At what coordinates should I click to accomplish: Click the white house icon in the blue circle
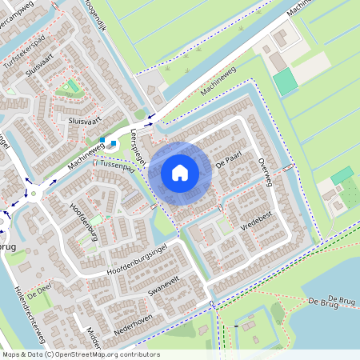tap(180, 171)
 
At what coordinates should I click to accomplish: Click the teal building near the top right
tap(285, 81)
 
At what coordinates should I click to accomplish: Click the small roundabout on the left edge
tap(34, 192)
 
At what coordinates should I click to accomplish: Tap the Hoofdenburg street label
tap(84, 218)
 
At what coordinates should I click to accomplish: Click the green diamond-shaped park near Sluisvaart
tap(72, 86)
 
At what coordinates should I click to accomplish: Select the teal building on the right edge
tap(342, 174)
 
